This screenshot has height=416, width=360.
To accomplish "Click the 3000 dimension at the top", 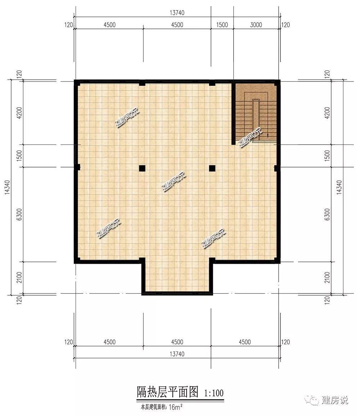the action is coord(256,25).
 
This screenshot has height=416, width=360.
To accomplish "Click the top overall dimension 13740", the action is coord(177,13).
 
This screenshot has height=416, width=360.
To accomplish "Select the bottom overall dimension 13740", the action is coord(177,354).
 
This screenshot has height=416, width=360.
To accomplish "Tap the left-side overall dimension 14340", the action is coord(7,187).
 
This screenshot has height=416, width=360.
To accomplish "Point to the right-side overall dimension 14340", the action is coord(339,187).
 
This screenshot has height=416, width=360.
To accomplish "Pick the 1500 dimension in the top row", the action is coord(222,25).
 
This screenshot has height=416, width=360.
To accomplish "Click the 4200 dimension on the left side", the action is coord(19,113).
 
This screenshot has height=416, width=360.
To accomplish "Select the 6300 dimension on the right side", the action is coord(327,214).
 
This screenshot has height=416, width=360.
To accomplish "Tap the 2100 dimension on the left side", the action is coord(19,277).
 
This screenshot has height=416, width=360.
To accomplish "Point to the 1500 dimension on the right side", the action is coord(327,156).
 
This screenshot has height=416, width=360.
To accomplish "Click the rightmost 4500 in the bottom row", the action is coord(244,342).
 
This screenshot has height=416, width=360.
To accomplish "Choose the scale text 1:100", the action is coord(214,393).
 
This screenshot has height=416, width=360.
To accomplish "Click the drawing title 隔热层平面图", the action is coord(167,392).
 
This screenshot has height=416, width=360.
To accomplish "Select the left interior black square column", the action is coord(142,168).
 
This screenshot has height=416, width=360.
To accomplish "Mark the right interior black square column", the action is coord(212,168).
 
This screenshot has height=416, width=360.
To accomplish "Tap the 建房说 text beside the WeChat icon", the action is coord(335,400).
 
